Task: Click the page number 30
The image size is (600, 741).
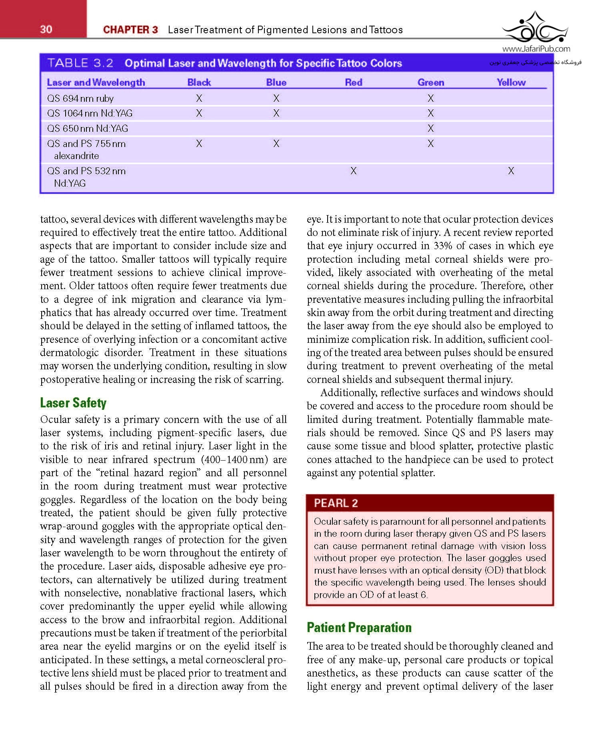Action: coord(46,29)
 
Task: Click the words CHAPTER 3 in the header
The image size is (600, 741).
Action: coord(130,30)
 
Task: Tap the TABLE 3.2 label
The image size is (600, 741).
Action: coord(80,63)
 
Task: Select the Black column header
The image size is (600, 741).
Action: coord(199,82)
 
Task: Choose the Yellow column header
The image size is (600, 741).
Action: coord(511,82)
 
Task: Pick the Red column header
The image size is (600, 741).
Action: coord(354,82)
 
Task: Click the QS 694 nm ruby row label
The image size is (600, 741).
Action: coord(80,98)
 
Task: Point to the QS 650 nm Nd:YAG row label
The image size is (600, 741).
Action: coord(88,128)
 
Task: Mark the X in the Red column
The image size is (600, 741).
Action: coord(353,171)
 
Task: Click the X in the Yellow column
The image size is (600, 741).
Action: coord(511,171)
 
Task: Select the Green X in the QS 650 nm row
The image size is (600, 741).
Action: coord(430,128)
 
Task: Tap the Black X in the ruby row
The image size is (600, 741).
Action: coord(199,98)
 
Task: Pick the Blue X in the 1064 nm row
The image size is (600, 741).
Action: coord(276,113)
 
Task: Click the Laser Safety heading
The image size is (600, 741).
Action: coord(73,403)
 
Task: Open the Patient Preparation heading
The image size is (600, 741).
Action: coord(359,627)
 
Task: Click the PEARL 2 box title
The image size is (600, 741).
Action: coord(336,503)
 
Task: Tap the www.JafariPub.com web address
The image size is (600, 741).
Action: coord(536,49)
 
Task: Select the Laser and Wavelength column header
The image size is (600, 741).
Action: coord(96,82)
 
